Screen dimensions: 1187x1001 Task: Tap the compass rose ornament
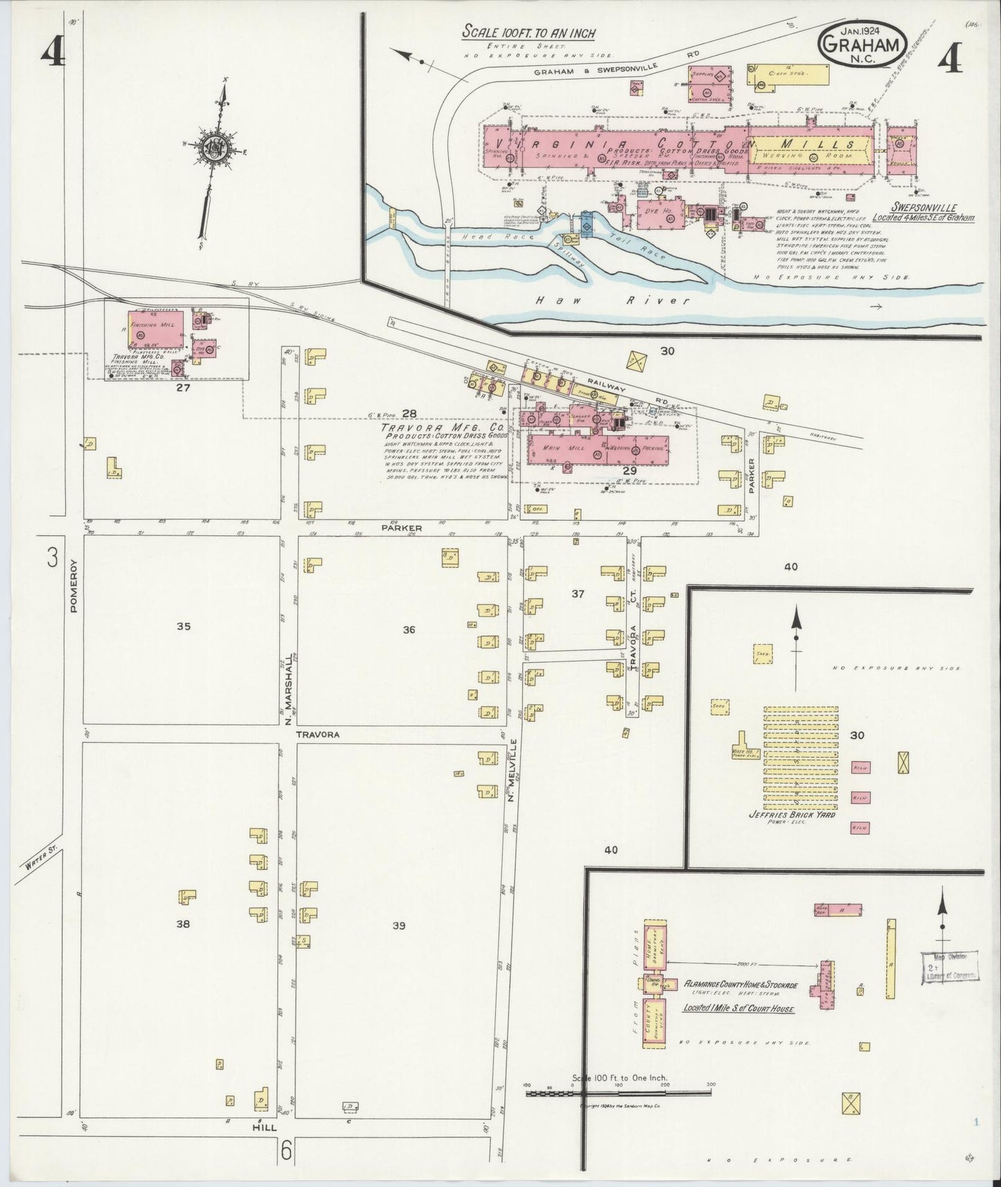[211, 146]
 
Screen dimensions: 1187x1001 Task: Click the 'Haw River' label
[614, 301]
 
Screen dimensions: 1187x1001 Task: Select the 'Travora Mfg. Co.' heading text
[441, 428]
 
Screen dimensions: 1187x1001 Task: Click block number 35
[183, 627]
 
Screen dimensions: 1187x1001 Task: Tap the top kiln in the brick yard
[860, 767]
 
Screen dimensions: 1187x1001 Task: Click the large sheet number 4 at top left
[52, 52]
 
